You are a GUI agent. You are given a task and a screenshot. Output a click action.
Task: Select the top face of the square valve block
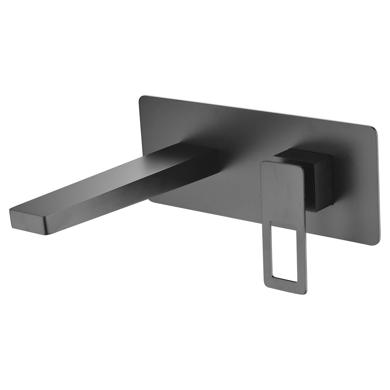(x=302, y=155)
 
